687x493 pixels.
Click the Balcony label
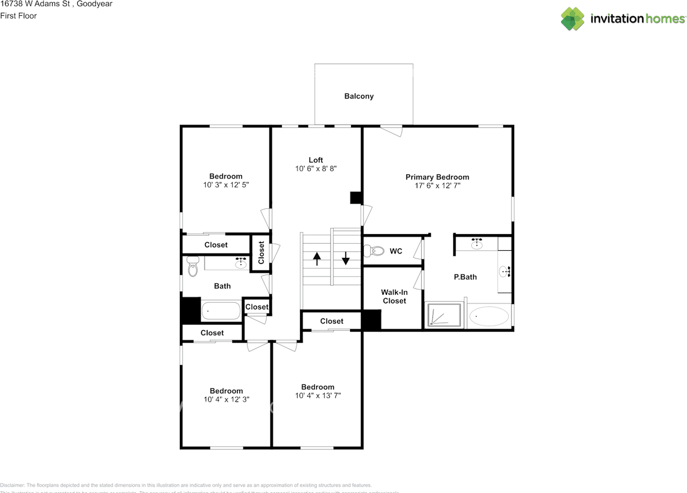(359, 96)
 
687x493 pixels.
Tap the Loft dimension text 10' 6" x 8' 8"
(316, 169)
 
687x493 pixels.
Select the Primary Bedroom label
(437, 177)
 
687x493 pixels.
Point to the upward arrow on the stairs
(317, 259)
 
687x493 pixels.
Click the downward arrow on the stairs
(346, 259)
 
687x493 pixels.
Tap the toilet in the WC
(374, 251)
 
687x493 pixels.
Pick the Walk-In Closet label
(394, 296)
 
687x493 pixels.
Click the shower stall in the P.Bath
(444, 315)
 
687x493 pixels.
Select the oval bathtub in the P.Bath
(489, 316)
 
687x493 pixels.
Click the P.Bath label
(465, 277)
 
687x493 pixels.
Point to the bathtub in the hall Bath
(221, 311)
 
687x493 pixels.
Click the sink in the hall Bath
(242, 263)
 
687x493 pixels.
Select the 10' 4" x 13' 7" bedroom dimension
(318, 396)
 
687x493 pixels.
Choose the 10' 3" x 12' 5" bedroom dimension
(225, 185)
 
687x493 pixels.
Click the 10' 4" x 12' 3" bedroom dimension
(226, 400)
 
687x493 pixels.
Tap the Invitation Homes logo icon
(573, 19)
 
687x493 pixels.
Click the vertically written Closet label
(261, 252)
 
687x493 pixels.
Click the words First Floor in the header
(19, 16)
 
